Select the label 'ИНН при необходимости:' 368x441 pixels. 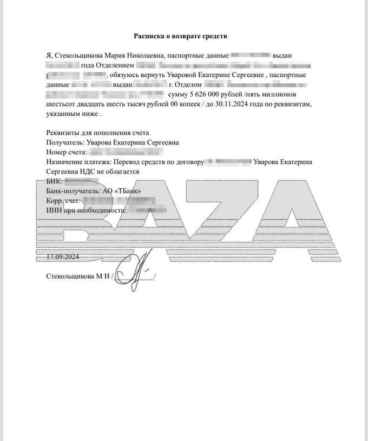point(87,210)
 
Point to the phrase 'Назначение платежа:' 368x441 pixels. point(79,162)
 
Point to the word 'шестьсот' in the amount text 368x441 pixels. point(60,104)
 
